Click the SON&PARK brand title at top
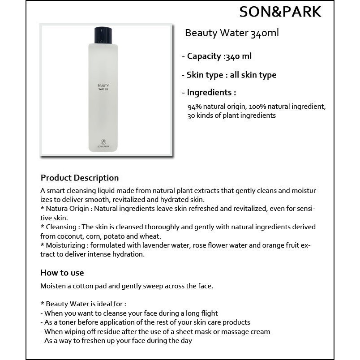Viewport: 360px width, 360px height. point(280,12)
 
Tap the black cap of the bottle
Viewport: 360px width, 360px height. point(103,35)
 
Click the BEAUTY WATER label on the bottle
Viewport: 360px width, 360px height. point(103,87)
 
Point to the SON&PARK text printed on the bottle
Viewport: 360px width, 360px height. point(103,146)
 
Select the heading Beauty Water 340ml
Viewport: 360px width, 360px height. point(231,33)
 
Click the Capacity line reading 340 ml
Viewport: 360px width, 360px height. point(217,56)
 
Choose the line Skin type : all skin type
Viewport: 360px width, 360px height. point(229,75)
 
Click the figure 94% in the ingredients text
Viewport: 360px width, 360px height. point(195,107)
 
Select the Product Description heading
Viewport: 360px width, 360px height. point(80,178)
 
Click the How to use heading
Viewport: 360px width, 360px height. point(62,273)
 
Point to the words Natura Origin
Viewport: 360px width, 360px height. point(68,209)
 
